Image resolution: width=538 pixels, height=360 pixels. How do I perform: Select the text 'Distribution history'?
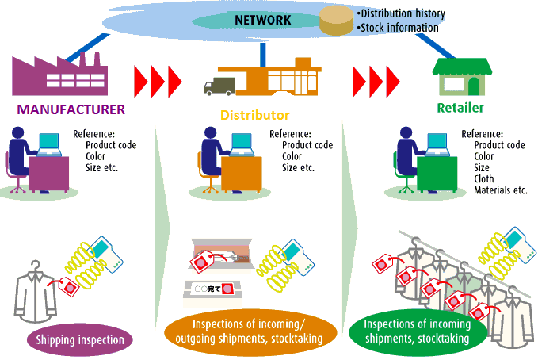(402, 13)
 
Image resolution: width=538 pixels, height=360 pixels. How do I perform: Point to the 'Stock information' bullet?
(399, 28)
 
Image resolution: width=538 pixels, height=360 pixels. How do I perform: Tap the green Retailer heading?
(460, 107)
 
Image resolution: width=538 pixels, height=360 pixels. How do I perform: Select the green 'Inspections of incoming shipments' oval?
(417, 331)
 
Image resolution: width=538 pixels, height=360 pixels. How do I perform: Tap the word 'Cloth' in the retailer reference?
(483, 179)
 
